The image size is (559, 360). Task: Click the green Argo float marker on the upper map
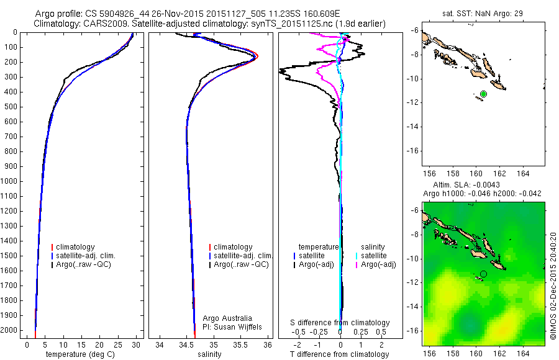(x=483, y=94)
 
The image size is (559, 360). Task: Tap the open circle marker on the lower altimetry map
(x=483, y=274)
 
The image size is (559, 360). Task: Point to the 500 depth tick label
(x=11, y=107)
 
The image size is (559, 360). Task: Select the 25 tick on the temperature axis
(x=117, y=344)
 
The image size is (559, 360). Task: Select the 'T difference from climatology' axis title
(x=340, y=354)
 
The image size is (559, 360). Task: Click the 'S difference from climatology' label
(x=340, y=323)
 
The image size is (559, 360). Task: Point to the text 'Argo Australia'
(x=227, y=318)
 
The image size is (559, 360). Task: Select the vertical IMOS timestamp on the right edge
(x=552, y=287)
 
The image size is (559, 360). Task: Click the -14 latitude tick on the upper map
(x=412, y=127)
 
